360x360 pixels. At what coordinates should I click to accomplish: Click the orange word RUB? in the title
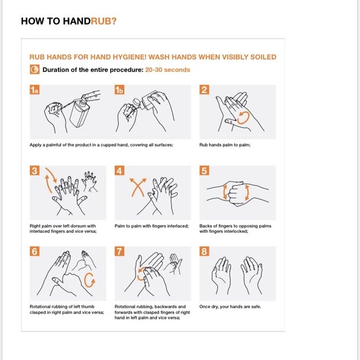tap(103, 21)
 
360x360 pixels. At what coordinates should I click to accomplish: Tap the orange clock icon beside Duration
tap(35, 69)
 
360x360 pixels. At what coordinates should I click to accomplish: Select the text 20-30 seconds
tap(168, 70)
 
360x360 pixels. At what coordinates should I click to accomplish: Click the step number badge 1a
tap(34, 90)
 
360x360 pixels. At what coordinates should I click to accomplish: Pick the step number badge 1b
tap(119, 90)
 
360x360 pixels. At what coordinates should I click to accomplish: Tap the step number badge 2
tap(204, 90)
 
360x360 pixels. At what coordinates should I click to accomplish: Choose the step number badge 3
tap(34, 170)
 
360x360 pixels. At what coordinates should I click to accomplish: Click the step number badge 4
tap(119, 170)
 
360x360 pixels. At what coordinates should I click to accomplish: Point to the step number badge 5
tap(204, 170)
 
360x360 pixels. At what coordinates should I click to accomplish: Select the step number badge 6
tap(34, 251)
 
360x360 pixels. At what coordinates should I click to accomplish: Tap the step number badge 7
tap(119, 251)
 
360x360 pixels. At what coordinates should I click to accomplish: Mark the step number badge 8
tap(204, 251)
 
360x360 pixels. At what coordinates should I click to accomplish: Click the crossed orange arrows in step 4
tap(138, 187)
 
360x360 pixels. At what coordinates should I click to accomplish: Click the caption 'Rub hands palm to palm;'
tap(225, 145)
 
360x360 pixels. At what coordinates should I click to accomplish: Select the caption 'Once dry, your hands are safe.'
tap(230, 307)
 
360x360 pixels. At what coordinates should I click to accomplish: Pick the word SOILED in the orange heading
tap(263, 57)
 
